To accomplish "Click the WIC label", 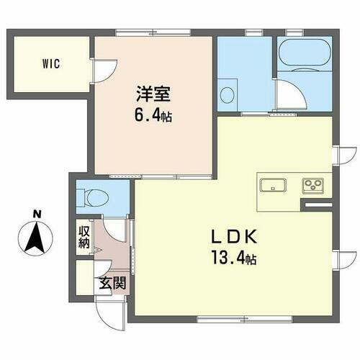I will pos(50,63).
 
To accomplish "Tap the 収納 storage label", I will pos(84,237).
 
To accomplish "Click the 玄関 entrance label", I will pos(112,282).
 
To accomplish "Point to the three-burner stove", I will pos(314,185).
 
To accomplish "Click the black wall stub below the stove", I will pos(316,207).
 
